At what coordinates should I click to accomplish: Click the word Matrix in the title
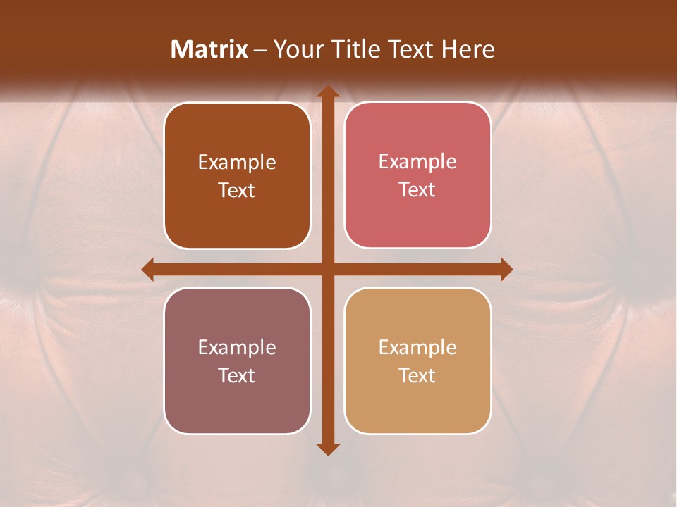coord(209,49)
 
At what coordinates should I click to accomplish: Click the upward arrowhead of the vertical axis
coord(327,92)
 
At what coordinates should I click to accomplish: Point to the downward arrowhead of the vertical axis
coord(327,449)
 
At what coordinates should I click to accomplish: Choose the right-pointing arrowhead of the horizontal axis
coord(506,269)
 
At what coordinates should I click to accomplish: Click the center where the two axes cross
coord(327,269)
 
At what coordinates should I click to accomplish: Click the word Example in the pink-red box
coord(417,161)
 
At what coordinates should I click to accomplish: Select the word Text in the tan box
coord(417,375)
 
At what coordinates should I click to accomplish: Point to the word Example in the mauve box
coord(237,347)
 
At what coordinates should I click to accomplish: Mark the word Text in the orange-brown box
coord(237,190)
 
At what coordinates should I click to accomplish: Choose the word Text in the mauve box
coord(237,375)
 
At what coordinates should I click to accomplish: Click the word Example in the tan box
coord(417,347)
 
